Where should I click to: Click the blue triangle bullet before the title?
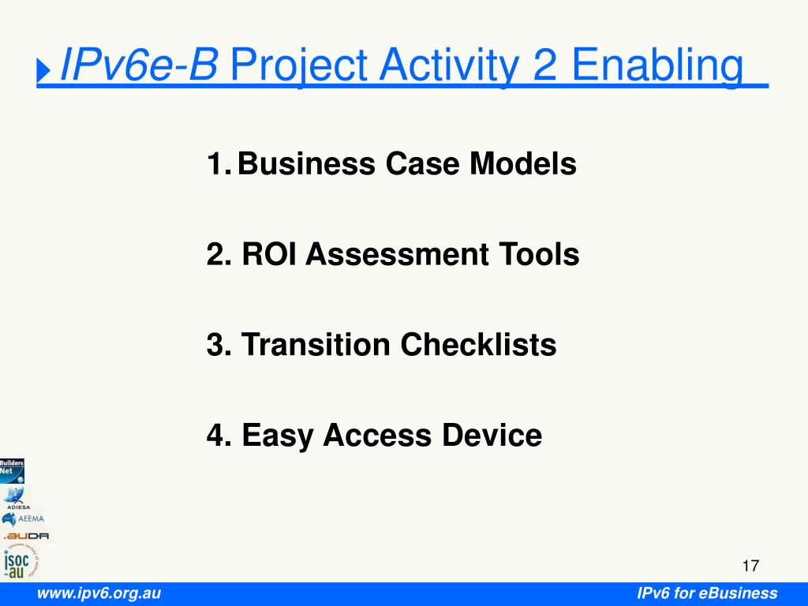point(43,69)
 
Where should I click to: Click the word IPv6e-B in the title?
point(139,65)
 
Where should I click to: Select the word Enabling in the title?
point(657,66)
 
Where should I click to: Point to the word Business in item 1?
point(306,163)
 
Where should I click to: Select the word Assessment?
point(397,254)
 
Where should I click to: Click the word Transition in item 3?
point(316,344)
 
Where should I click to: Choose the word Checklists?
point(478,344)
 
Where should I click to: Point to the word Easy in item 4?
point(277,436)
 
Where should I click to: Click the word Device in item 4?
point(492,435)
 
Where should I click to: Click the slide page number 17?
point(750,566)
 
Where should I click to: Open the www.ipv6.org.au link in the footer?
point(99,593)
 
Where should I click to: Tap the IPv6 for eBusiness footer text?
point(707,593)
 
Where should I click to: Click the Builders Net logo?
point(12,471)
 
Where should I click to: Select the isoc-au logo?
point(21,561)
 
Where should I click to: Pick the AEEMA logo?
point(23,518)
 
